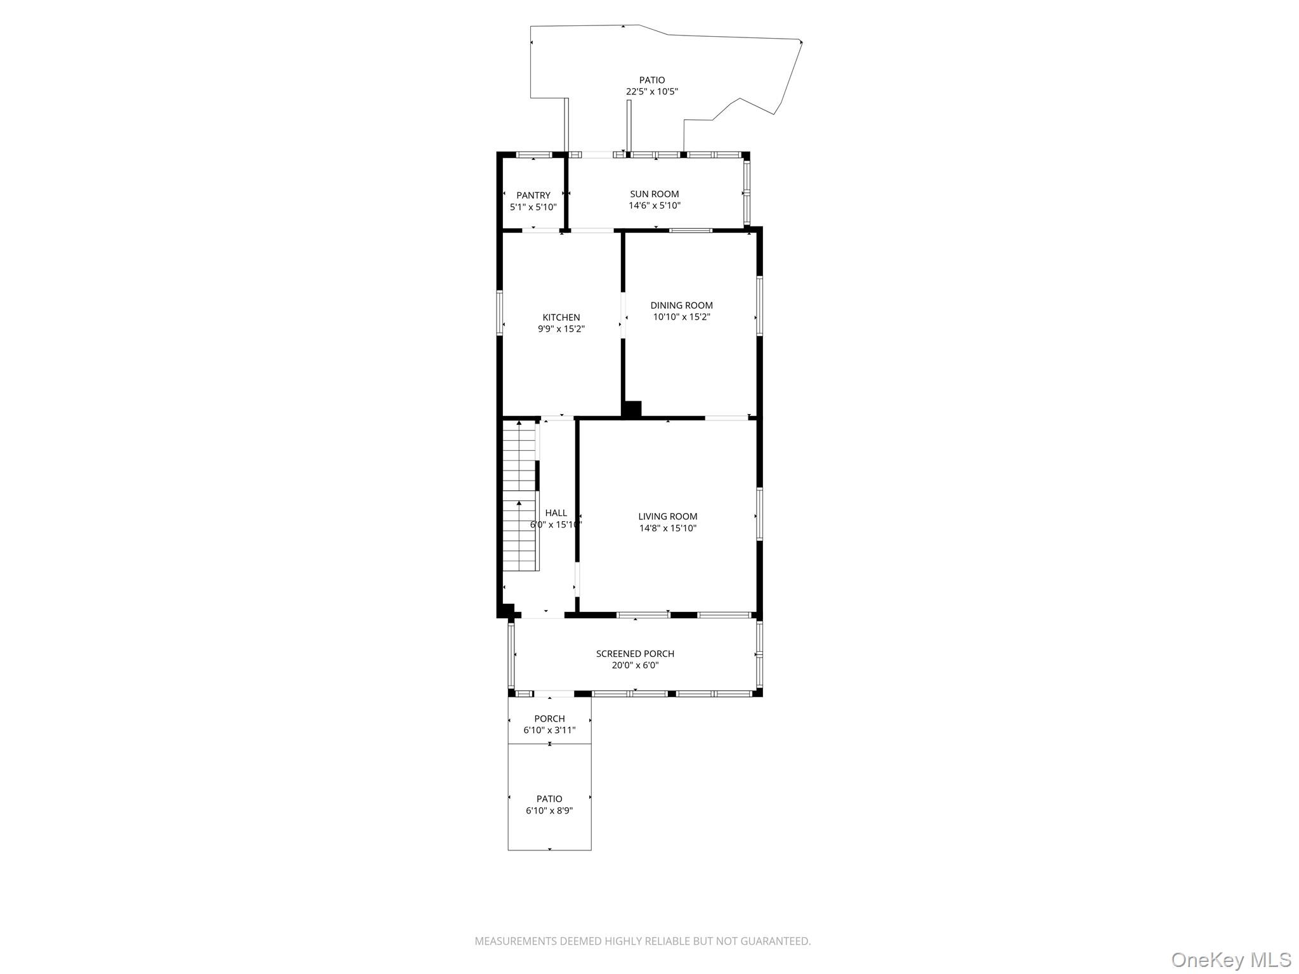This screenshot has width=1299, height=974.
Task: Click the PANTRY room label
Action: coord(533,195)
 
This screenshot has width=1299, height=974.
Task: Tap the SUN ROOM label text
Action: coord(654,194)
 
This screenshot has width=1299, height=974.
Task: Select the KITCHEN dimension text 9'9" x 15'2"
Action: coord(561,329)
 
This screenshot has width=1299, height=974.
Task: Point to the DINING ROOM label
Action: coord(681,305)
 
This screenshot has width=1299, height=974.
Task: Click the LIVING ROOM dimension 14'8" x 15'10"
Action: coord(667,528)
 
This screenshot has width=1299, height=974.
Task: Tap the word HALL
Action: coord(556,513)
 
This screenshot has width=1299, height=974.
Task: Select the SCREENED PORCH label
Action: coord(635,654)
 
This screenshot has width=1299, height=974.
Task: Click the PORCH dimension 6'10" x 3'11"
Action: coord(549,730)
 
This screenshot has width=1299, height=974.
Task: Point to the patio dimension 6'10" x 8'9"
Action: coord(549,811)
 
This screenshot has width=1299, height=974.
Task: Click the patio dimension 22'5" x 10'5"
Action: coord(652,91)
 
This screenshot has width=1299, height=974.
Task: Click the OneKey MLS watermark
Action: coord(1230,959)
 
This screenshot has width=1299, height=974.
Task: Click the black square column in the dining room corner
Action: coord(632,409)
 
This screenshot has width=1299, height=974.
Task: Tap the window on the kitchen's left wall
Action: coord(500,312)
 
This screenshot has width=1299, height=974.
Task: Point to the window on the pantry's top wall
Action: coord(533,155)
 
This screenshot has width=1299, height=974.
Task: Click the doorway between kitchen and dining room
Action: coord(623,315)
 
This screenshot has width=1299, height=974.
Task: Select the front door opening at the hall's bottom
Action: coord(543,614)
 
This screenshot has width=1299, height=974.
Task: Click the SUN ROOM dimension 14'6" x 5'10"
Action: coord(654,206)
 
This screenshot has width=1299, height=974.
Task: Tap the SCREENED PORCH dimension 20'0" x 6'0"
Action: coord(635,666)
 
